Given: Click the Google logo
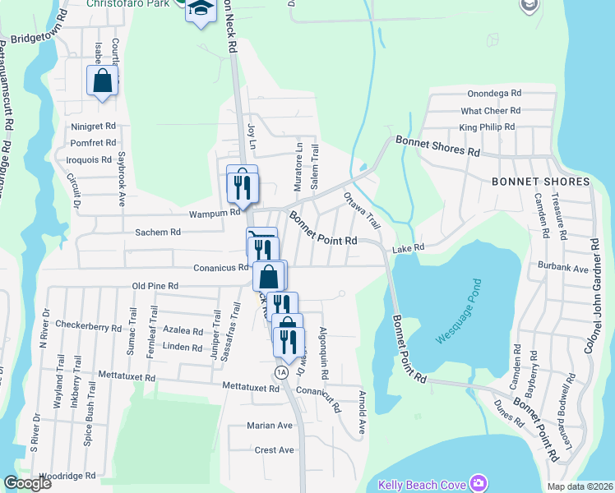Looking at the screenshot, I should point(28,483).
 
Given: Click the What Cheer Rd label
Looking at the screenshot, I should point(491,110).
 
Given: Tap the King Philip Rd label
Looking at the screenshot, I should point(487,127).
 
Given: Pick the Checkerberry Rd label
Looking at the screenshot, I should point(84,326).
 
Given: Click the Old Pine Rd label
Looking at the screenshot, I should point(156,286).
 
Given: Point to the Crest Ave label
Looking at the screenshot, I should point(274,449).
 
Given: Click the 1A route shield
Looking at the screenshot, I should point(282,372).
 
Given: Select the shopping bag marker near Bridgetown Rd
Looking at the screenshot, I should point(103,81).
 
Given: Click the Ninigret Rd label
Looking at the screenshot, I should point(93,127).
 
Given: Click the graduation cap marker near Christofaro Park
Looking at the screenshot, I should point(200,9).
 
